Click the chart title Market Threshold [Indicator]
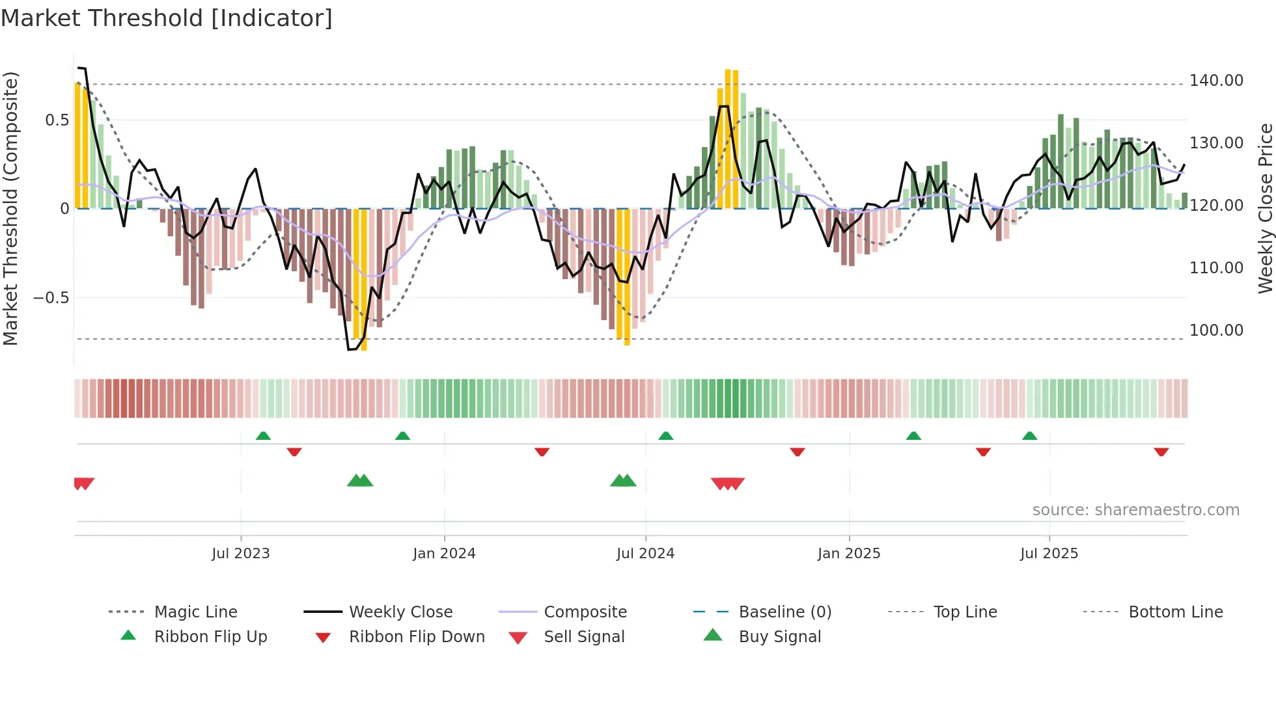(x=167, y=18)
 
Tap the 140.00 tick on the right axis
(x=1215, y=81)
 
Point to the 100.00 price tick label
(x=1215, y=331)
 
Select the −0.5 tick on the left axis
(x=51, y=298)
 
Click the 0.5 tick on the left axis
(x=57, y=120)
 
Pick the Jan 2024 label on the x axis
(x=444, y=554)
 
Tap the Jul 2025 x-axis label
(x=1049, y=554)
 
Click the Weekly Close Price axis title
(x=1265, y=208)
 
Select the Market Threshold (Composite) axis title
(x=10, y=208)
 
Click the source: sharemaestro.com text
(x=1135, y=510)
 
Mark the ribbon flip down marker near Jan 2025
(x=797, y=452)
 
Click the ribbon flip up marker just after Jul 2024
(x=665, y=436)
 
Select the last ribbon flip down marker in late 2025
(x=1161, y=452)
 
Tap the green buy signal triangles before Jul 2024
(x=623, y=481)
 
